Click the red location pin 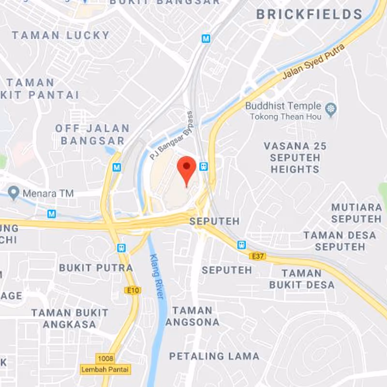pyautogui.click(x=186, y=168)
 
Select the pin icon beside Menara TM pyautogui.click(x=14, y=194)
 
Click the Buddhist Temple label pyautogui.click(x=283, y=106)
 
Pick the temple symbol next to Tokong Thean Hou pyautogui.click(x=331, y=109)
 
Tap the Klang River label pyautogui.click(x=157, y=276)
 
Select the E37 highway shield pyautogui.click(x=257, y=255)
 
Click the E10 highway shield pyautogui.click(x=134, y=290)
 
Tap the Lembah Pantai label pyautogui.click(x=105, y=369)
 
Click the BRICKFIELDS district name pyautogui.click(x=309, y=15)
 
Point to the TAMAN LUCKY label pyautogui.click(x=61, y=35)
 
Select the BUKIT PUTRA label pyautogui.click(x=96, y=268)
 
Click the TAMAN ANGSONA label pyautogui.click(x=193, y=316)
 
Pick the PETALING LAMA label pyautogui.click(x=214, y=356)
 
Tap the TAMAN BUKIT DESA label pyautogui.click(x=302, y=279)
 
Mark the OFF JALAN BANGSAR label pyautogui.click(x=92, y=134)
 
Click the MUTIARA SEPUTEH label pyautogui.click(x=356, y=213)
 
